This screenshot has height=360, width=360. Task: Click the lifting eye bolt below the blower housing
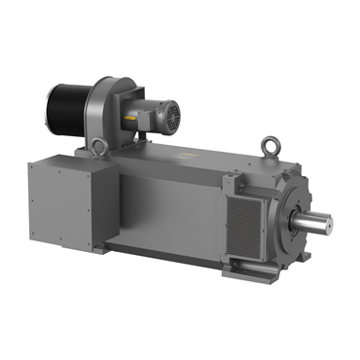tap(97, 147)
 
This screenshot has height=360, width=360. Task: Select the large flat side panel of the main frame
tap(165, 209)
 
